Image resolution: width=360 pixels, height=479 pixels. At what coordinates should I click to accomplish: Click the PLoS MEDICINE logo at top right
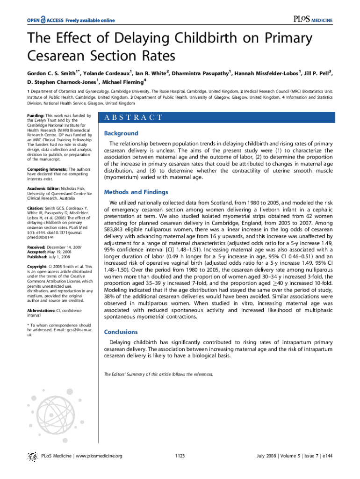pyautogui.click(x=313, y=20)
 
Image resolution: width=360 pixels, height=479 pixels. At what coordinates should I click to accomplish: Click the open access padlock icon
pyautogui.click(x=43, y=20)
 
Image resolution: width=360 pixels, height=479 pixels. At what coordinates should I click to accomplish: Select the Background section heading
pyautogui.click(x=121, y=133)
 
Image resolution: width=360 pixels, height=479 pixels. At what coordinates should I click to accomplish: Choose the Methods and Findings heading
pyautogui.click(x=136, y=192)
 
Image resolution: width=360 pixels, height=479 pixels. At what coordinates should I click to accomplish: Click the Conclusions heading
pyautogui.click(x=121, y=332)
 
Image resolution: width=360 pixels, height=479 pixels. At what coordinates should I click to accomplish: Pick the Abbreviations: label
pyautogui.click(x=43, y=310)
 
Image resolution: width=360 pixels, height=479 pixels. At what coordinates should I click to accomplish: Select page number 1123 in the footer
pyautogui.click(x=180, y=456)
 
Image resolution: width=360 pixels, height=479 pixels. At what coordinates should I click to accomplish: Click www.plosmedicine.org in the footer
pyautogui.click(x=99, y=456)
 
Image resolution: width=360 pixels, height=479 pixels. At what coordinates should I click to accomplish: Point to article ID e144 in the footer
pyautogui.click(x=327, y=456)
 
